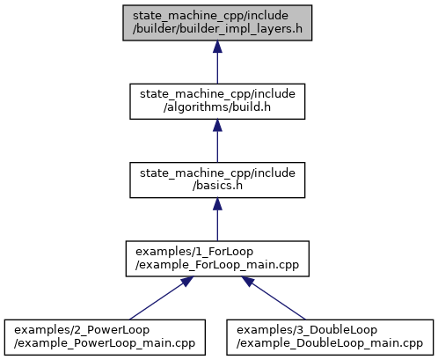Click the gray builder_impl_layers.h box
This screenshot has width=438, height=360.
pyautogui.click(x=217, y=23)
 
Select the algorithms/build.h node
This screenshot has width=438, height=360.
pyautogui.click(x=217, y=101)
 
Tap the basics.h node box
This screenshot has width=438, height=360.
pyautogui.click(x=217, y=180)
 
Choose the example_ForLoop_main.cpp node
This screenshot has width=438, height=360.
pyautogui.click(x=217, y=259)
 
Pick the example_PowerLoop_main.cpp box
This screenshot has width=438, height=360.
pyautogui.click(x=105, y=337)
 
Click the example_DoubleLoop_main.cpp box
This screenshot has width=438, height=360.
pyautogui.click(x=330, y=337)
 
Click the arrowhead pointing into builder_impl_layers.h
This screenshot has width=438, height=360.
pyautogui.click(x=217, y=47)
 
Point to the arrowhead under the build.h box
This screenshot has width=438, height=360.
pyautogui.click(x=217, y=125)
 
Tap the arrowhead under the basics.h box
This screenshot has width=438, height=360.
pyautogui.click(x=217, y=204)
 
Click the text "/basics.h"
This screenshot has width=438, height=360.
pyautogui.click(x=217, y=186)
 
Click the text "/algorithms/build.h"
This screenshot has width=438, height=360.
pyautogui.click(x=217, y=107)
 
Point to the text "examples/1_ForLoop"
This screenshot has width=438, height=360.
pyautogui.click(x=194, y=252)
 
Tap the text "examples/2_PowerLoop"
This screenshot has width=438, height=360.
pyautogui.click(x=82, y=330)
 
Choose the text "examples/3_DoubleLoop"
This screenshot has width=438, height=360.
pyautogui.click(x=307, y=330)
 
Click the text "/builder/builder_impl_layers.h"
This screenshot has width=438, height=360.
pyautogui.click(x=217, y=29)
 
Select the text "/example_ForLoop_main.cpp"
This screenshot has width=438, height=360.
pyautogui.click(x=217, y=265)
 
